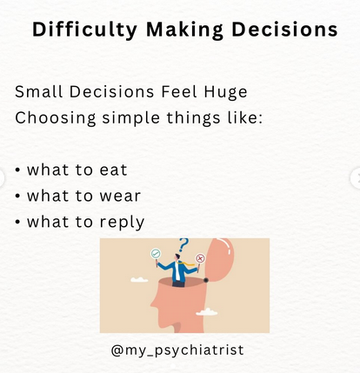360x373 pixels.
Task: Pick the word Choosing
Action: pos(52,117)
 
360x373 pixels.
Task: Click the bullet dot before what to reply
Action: pos(18,223)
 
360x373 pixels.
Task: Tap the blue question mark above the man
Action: pos(183,245)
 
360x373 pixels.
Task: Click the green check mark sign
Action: pos(157,254)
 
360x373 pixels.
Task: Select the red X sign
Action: pos(201,257)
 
